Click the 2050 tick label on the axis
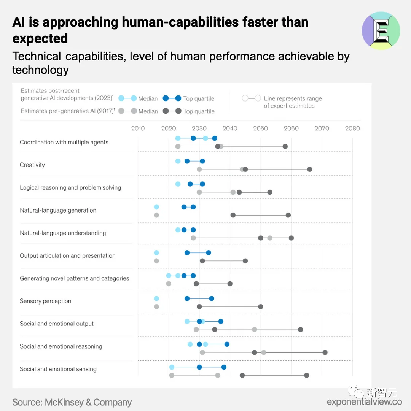click(260, 128)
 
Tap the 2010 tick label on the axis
click(138, 128)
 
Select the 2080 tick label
click(352, 128)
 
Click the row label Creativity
click(32, 165)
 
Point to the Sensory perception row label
click(45, 301)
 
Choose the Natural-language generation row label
click(58, 210)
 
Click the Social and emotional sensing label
click(58, 369)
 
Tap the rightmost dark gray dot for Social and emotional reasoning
click(325, 352)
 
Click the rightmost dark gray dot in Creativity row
click(309, 169)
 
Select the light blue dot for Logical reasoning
click(178, 184)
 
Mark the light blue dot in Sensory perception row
click(156, 298)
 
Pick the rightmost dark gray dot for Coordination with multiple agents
click(285, 146)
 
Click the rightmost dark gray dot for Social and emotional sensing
click(306, 375)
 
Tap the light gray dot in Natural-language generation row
click(156, 215)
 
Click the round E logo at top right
click(381, 31)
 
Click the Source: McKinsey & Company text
click(72, 402)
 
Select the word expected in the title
click(40, 38)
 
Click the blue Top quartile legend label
click(199, 98)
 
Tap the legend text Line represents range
click(293, 98)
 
